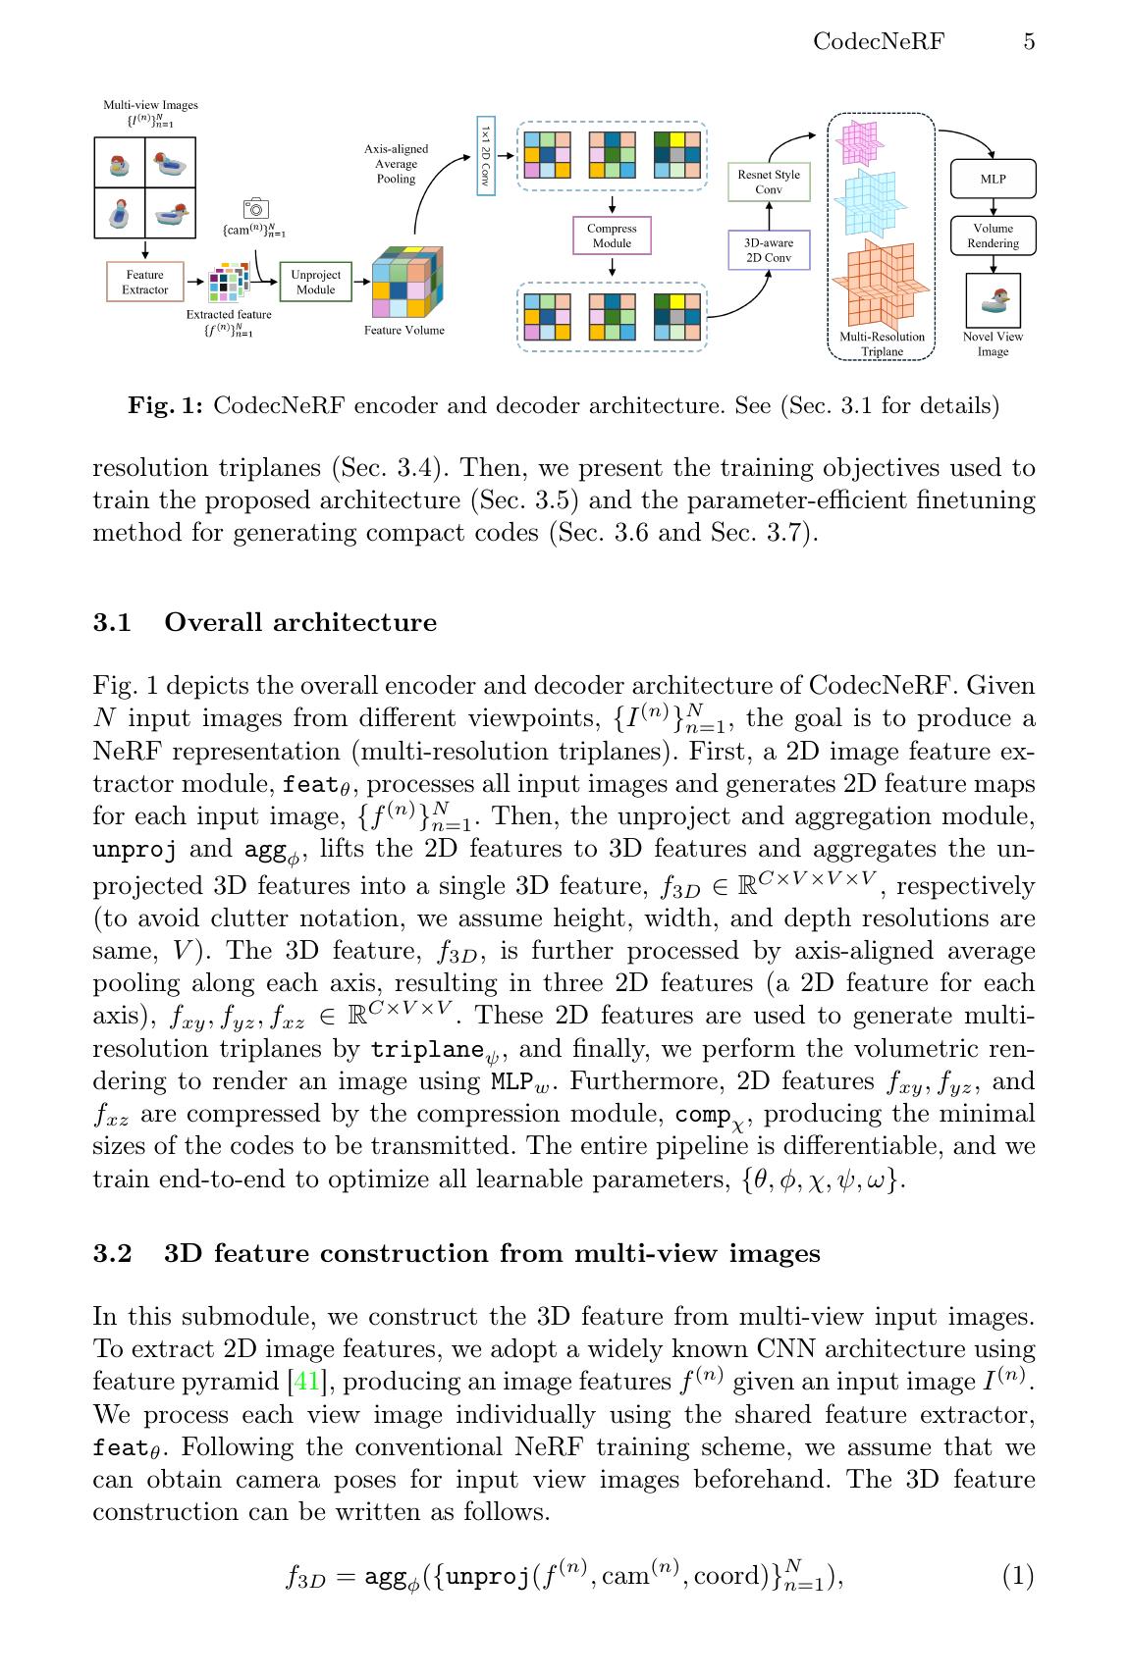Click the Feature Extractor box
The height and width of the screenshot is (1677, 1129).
(x=144, y=282)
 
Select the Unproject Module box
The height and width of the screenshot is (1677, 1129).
(x=315, y=282)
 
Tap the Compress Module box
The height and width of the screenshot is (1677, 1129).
(x=612, y=236)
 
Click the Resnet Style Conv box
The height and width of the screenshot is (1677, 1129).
(x=769, y=182)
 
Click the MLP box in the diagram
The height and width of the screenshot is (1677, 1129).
(x=993, y=180)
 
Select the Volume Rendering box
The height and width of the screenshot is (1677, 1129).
(x=993, y=236)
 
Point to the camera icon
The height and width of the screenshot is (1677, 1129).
(x=255, y=209)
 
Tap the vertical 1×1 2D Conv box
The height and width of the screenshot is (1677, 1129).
(x=485, y=155)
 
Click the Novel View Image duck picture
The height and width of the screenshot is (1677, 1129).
(x=994, y=300)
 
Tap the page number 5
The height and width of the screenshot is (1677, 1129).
(x=1029, y=41)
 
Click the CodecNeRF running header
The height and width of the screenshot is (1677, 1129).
(x=879, y=41)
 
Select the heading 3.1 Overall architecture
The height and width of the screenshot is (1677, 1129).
(x=265, y=622)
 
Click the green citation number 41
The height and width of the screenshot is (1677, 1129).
(x=307, y=1382)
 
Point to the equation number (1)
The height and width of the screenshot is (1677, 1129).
(x=1018, y=1576)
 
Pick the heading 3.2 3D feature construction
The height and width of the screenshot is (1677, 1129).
(x=457, y=1253)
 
